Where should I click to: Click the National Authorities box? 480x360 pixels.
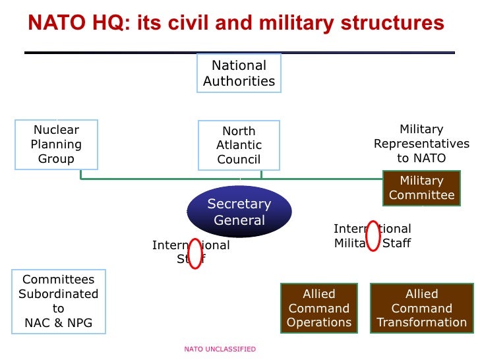click(x=239, y=73)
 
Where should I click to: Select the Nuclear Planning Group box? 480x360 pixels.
click(x=56, y=144)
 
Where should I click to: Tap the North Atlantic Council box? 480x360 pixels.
click(x=239, y=146)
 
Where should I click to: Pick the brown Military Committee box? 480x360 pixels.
click(x=421, y=188)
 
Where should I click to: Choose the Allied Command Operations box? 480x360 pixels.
click(x=319, y=308)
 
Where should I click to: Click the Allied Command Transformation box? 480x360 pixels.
click(x=421, y=308)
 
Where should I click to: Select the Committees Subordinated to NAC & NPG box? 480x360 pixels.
click(x=58, y=301)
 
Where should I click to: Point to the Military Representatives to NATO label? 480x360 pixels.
click(x=421, y=144)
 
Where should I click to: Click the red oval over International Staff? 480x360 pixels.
click(x=195, y=253)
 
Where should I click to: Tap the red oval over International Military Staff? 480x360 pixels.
click(x=373, y=235)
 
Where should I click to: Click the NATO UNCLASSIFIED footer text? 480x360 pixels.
click(x=220, y=349)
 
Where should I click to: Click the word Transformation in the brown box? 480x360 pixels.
click(x=421, y=322)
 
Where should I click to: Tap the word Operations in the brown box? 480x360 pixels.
click(x=319, y=322)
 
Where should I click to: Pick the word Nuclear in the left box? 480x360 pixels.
click(x=56, y=130)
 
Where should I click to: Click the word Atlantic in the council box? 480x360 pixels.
click(x=239, y=145)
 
